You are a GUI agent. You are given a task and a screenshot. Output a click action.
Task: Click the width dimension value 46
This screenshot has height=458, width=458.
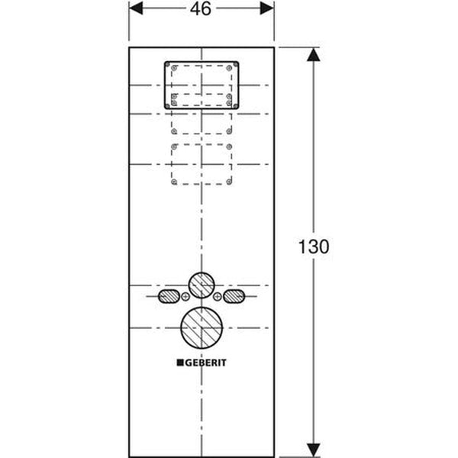[202, 8]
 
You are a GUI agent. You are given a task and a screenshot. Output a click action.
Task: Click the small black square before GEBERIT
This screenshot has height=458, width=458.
[180, 365]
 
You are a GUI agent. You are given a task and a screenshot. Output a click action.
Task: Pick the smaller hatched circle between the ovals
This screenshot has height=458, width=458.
[202, 284]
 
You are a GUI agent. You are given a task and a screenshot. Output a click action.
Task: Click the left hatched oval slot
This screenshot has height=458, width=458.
[169, 296]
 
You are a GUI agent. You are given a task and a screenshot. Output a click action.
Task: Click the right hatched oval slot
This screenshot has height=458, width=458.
[234, 296]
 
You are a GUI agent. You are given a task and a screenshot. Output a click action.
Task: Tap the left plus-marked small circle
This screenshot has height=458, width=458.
[185, 296]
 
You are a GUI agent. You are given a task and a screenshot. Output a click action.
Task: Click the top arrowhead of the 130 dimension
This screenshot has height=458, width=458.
[311, 54]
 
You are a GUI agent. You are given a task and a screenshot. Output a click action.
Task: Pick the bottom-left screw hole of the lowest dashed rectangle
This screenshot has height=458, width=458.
[175, 182]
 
